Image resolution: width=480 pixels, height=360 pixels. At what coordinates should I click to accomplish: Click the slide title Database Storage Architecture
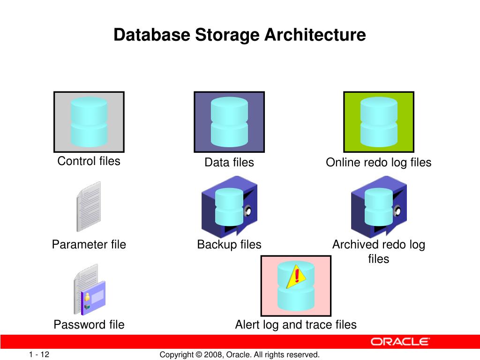pos(240,35)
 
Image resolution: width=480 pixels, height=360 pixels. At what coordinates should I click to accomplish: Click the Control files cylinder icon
pos(89,122)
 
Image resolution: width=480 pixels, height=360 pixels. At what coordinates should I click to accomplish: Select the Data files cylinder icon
pos(229,122)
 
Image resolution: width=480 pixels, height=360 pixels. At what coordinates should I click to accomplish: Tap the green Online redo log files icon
pos(379,122)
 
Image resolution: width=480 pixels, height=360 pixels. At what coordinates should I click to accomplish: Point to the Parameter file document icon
pos(89,206)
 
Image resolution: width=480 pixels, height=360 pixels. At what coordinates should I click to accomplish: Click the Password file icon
pos(89,291)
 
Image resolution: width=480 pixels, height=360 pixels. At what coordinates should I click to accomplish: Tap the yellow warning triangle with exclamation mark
pos(296,276)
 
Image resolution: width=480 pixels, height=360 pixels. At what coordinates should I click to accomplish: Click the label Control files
pos(89,161)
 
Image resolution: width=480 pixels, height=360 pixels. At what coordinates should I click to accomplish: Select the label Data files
pos(229,163)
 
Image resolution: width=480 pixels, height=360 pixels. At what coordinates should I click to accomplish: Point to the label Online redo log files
pos(379,163)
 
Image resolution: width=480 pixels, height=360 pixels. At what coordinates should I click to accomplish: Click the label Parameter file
pos(89,245)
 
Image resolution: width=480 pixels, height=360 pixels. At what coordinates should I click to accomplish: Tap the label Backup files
pos(229,245)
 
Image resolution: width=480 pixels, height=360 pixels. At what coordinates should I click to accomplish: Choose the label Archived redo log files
pos(379,252)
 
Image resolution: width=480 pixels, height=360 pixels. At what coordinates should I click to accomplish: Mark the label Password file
pos(89,324)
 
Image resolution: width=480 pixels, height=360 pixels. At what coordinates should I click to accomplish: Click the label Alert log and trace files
pos(296,324)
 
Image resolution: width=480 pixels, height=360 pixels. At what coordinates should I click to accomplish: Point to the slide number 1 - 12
pos(39,354)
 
